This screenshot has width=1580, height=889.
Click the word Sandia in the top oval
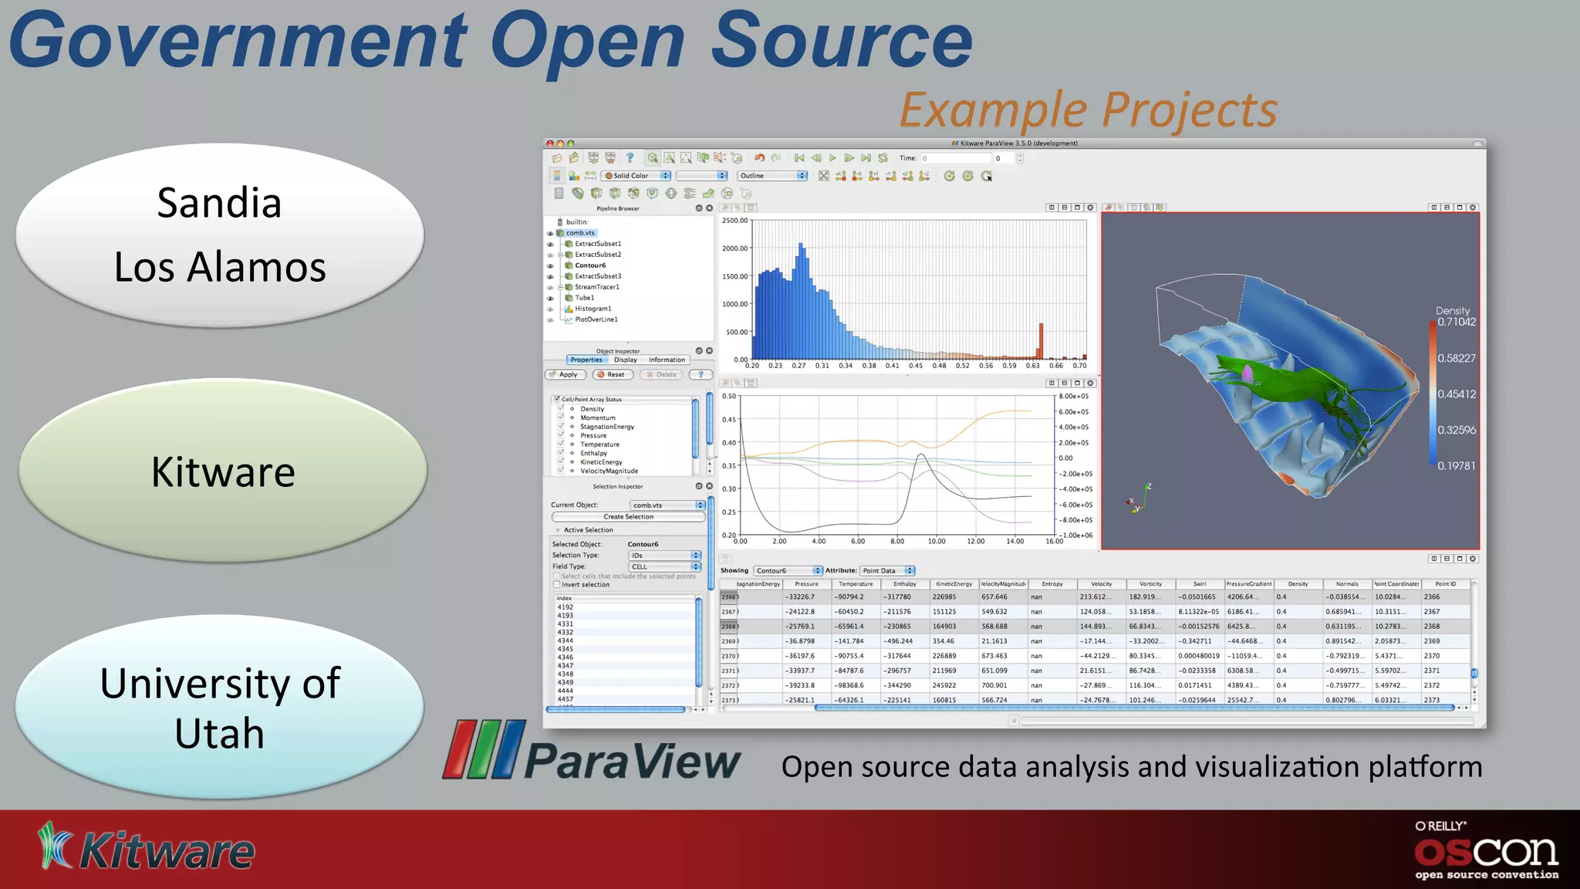tap(219, 204)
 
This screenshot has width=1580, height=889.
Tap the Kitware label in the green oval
tap(223, 472)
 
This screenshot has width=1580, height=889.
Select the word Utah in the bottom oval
tap(219, 733)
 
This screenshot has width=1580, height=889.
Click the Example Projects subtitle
tap(1088, 110)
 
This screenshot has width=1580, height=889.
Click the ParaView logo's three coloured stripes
tap(484, 749)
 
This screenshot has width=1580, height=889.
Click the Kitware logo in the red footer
tap(147, 849)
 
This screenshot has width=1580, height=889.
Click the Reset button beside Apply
tap(613, 375)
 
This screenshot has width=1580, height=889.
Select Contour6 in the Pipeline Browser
tap(590, 265)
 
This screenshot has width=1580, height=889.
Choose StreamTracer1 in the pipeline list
tap(596, 287)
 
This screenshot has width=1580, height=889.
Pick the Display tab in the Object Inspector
tap(626, 360)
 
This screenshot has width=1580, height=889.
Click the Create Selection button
tap(628, 517)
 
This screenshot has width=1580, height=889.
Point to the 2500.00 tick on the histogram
tap(734, 221)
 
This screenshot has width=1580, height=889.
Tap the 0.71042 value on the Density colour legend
tap(1456, 323)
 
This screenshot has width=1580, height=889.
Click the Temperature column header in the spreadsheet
tap(856, 584)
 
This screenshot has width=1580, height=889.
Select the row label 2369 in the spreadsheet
tap(728, 641)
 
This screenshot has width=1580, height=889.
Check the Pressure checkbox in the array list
tap(561, 435)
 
